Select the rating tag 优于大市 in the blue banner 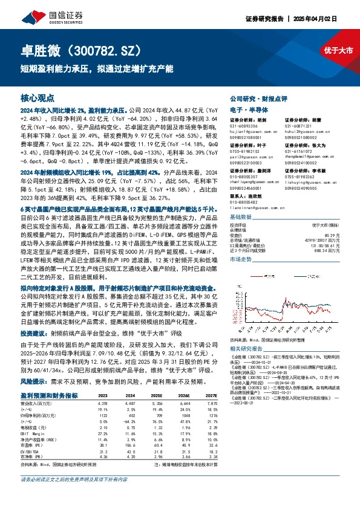338,51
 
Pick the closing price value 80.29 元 333,227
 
